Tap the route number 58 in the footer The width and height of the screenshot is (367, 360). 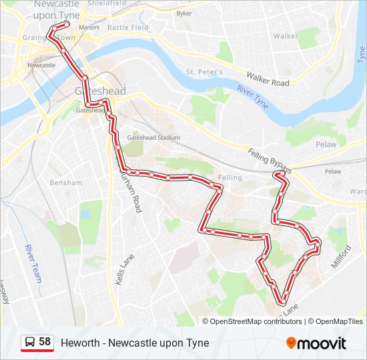coord(45,342)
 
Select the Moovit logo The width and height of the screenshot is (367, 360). coord(316,343)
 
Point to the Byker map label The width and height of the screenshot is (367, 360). coord(183,13)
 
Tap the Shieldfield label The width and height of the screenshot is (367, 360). coord(107,3)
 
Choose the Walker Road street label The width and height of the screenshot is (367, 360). coord(268,79)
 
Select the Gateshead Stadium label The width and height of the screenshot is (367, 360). coord(153,137)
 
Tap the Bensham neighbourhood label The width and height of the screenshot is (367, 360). coord(65,182)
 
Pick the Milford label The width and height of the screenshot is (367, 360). coord(340,256)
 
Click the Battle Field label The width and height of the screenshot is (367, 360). coord(128,27)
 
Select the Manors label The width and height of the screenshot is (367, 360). coord(89,27)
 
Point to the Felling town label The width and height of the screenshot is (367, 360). coord(231,178)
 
